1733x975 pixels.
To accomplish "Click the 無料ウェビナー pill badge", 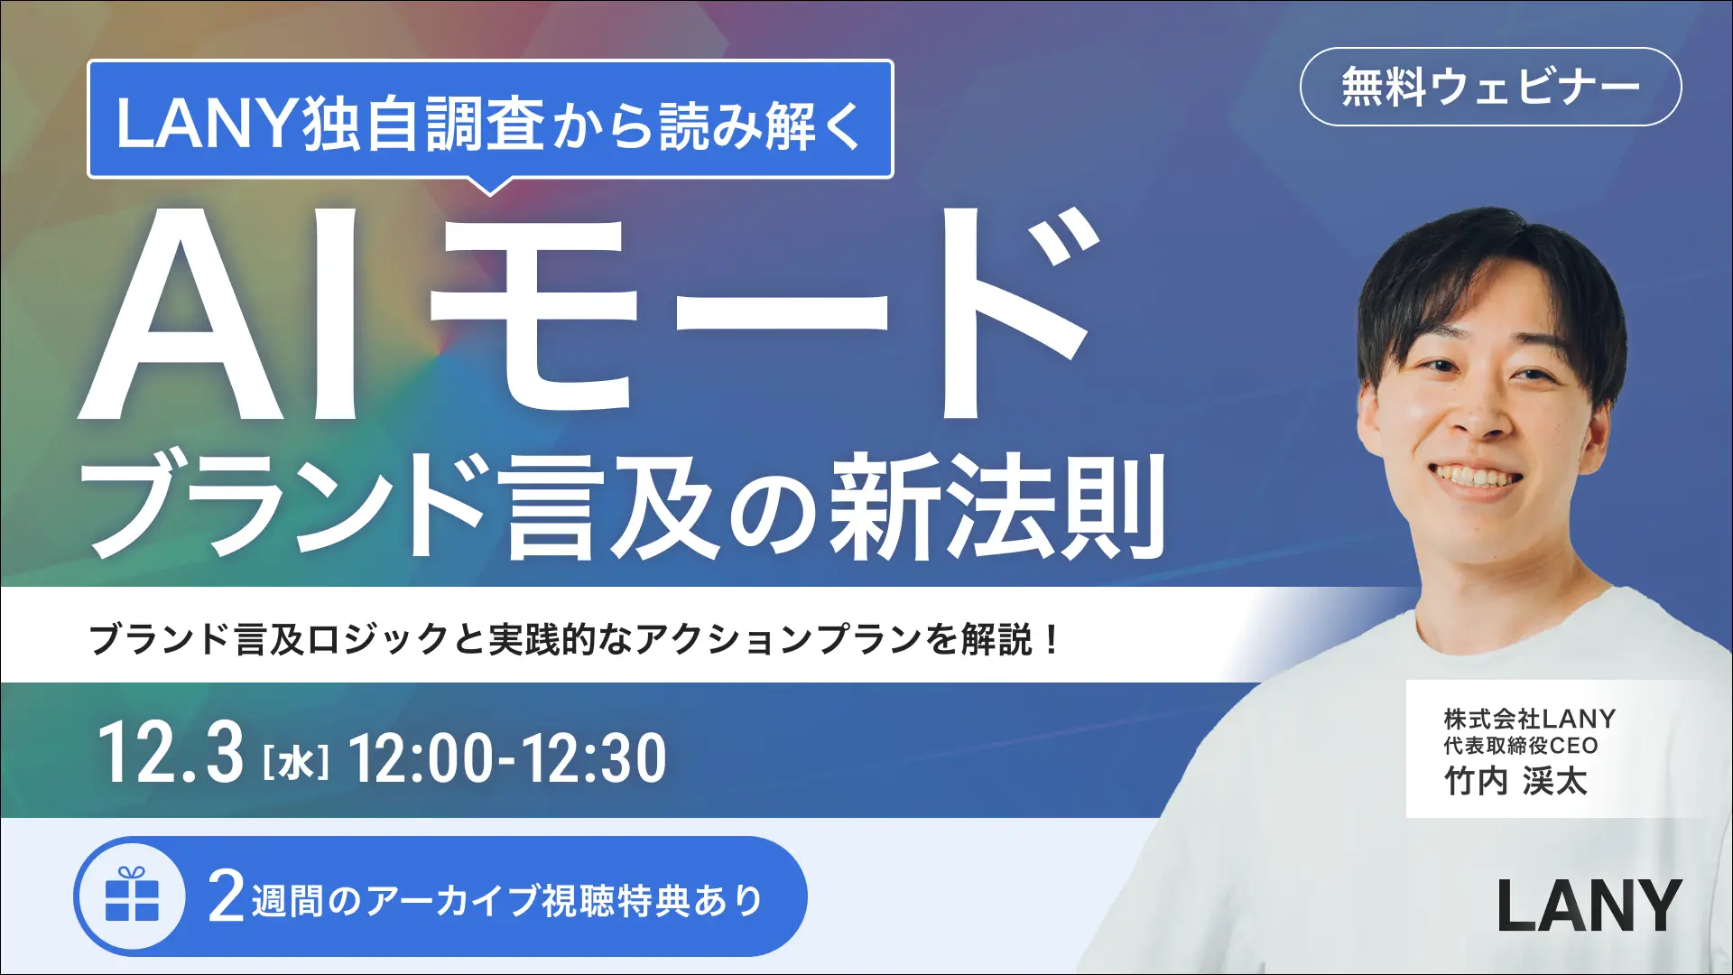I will coord(1490,87).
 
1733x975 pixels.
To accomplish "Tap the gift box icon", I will coord(132,896).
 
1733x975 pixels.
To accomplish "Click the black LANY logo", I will coord(1589,905).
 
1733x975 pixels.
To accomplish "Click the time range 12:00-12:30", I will coord(507,758).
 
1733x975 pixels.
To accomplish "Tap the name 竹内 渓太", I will coord(1515,781).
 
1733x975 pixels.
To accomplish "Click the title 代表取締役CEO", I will coord(1521,746).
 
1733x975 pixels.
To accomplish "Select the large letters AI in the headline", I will coord(221,316).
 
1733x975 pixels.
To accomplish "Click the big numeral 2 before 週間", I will coord(227,896).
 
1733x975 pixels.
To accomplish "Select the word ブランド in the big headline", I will coord(289,507).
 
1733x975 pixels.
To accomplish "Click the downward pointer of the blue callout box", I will coord(490,187).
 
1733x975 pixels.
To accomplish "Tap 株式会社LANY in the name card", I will coord(1529,719).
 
